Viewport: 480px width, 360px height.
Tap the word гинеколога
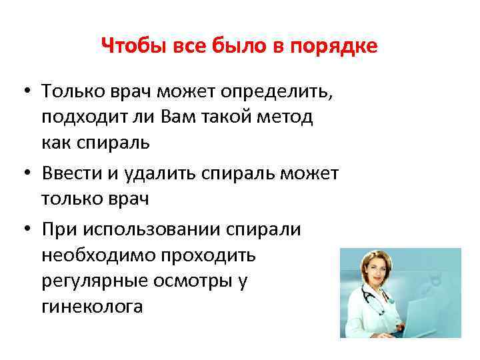[x=91, y=308]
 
